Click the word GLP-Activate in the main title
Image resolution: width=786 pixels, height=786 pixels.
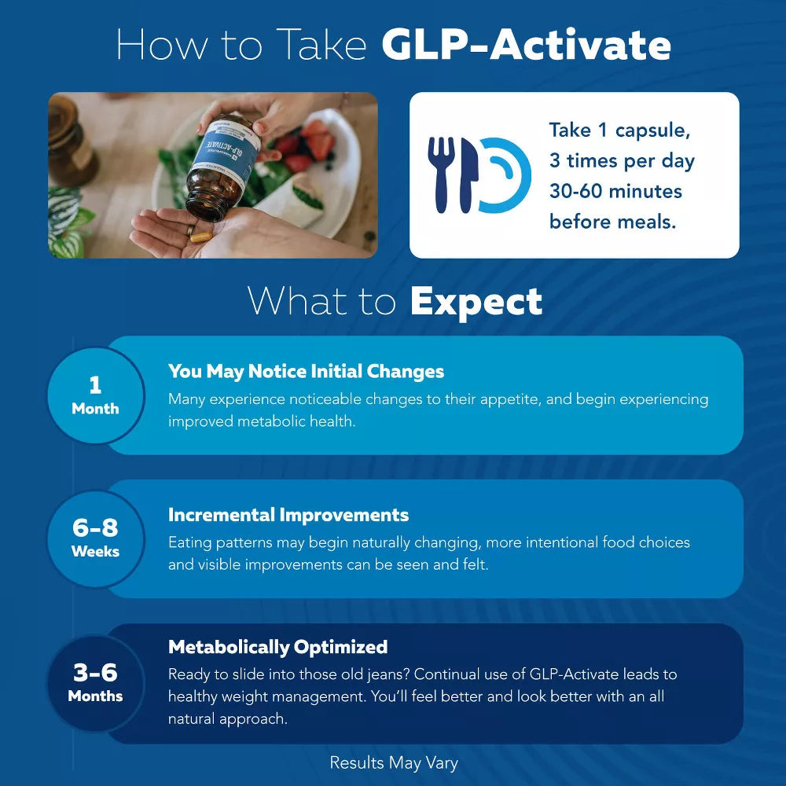pyautogui.click(x=526, y=46)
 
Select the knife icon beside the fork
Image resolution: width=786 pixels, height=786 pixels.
pyautogui.click(x=467, y=174)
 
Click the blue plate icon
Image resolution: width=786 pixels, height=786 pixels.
pyautogui.click(x=503, y=175)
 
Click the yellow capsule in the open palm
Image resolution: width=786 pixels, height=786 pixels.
pyautogui.click(x=201, y=235)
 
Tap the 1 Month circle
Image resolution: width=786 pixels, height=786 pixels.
pyautogui.click(x=95, y=395)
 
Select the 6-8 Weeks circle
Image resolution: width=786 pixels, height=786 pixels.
pyautogui.click(x=95, y=538)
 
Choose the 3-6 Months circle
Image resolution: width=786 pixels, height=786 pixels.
pyautogui.click(x=95, y=683)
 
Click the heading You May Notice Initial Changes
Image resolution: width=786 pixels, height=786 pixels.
pyautogui.click(x=306, y=371)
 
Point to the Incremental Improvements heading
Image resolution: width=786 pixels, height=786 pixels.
pyautogui.click(x=288, y=515)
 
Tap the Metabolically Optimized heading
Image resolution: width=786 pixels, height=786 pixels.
pyautogui.click(x=277, y=647)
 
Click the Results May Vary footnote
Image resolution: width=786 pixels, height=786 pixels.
pyautogui.click(x=393, y=762)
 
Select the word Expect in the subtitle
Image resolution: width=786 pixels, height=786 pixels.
pyautogui.click(x=476, y=302)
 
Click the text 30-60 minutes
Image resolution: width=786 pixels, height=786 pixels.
pyautogui.click(x=615, y=191)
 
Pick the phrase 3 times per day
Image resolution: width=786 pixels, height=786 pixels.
pyautogui.click(x=622, y=160)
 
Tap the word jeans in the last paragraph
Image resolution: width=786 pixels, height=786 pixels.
pyautogui.click(x=391, y=674)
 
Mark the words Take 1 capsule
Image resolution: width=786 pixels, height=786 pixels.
pyautogui.click(x=613, y=130)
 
